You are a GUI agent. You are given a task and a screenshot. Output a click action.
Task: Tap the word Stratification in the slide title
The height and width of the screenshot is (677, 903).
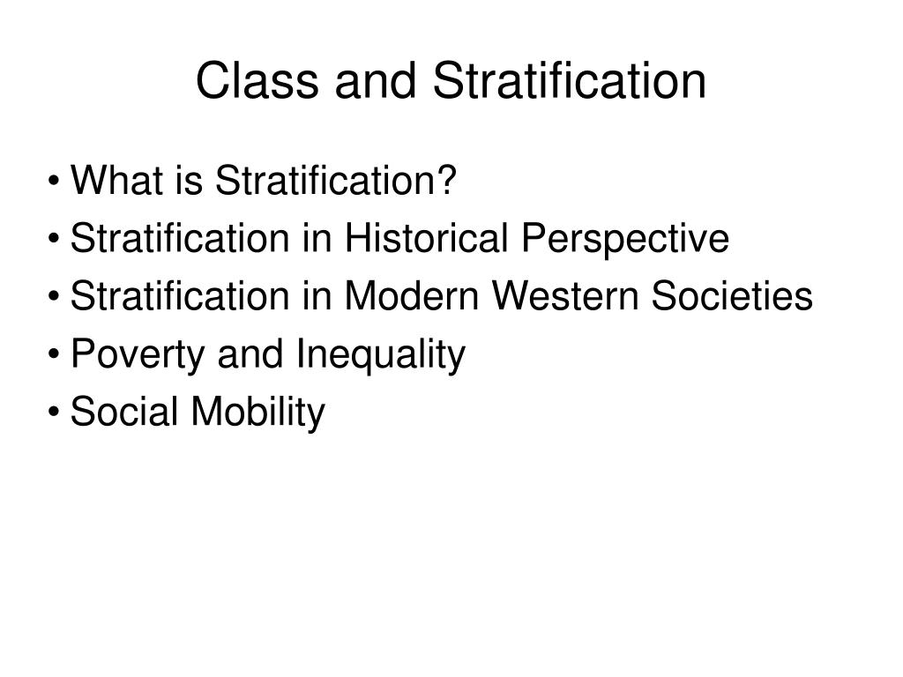tap(569, 81)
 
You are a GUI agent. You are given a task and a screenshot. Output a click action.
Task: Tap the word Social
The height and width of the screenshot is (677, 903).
tap(122, 412)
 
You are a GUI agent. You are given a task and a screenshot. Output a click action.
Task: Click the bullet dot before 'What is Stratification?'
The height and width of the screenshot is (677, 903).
tap(56, 183)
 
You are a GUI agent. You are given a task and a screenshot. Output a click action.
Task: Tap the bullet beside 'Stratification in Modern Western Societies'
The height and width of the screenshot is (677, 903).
tap(56, 298)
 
